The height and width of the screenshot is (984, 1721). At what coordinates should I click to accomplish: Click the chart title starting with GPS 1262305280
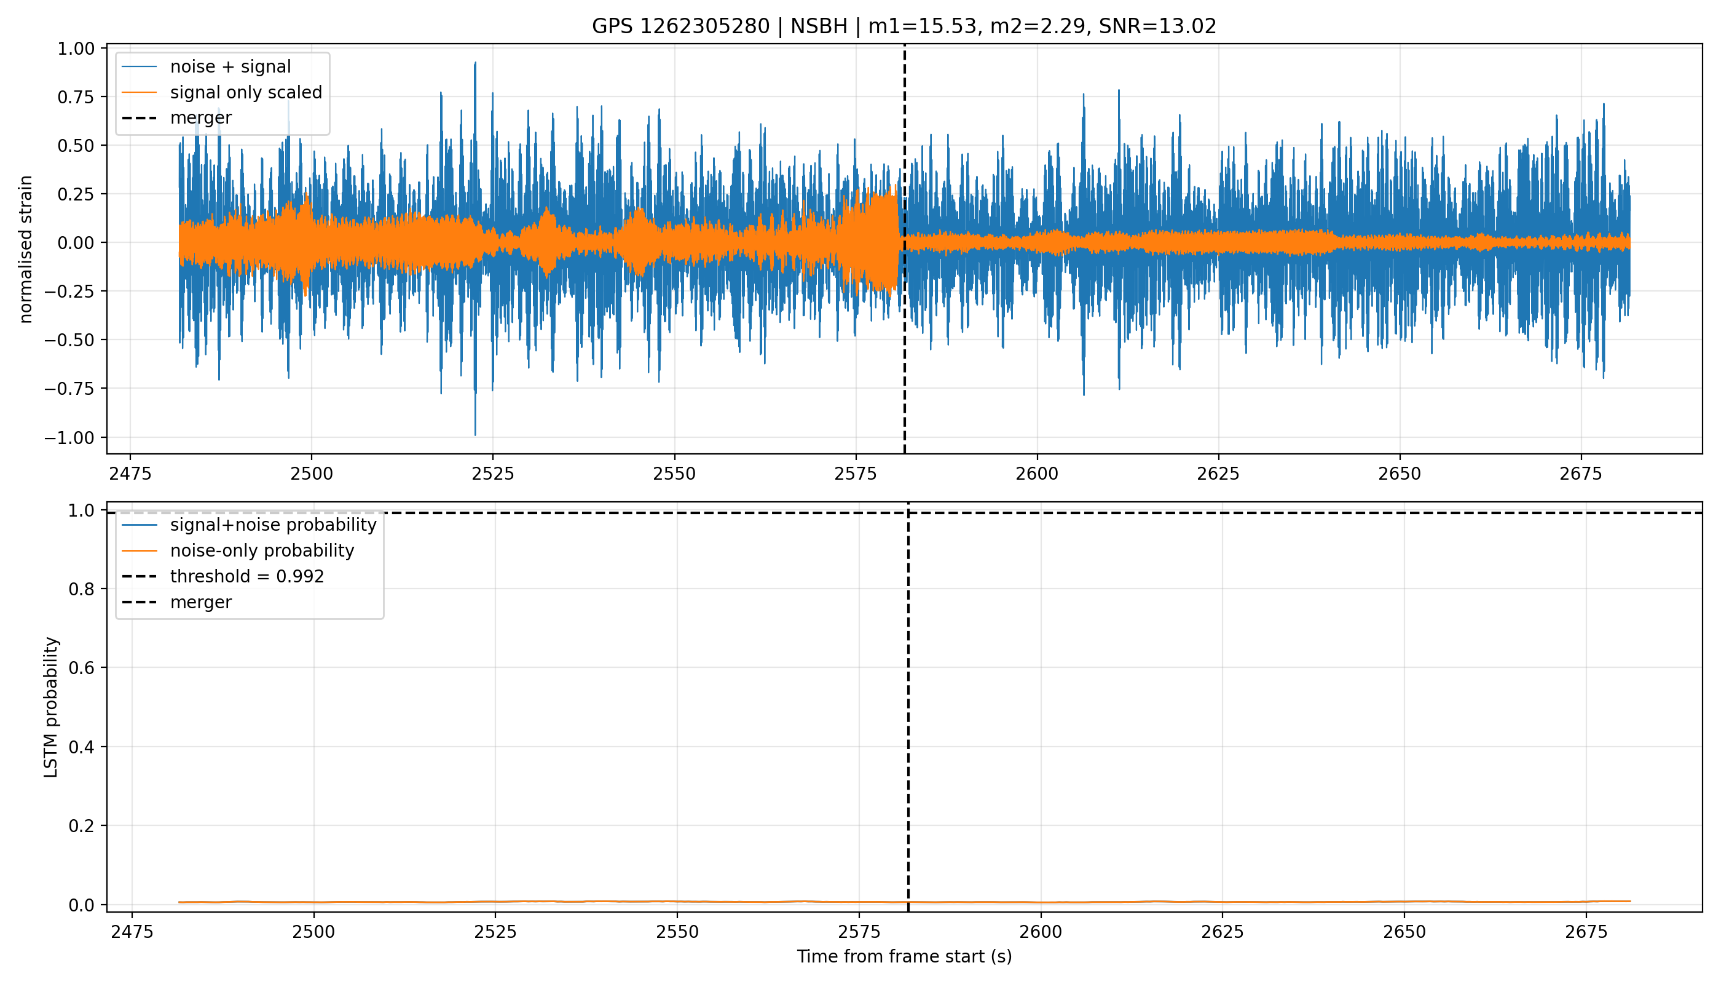pos(904,26)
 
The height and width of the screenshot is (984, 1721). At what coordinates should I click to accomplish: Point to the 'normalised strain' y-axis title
pos(26,249)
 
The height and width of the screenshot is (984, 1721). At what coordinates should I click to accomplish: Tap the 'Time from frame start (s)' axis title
pos(904,956)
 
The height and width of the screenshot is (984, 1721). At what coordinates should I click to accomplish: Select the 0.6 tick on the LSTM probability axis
pos(82,668)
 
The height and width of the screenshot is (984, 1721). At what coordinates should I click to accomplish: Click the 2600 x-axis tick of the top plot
pos(1037,474)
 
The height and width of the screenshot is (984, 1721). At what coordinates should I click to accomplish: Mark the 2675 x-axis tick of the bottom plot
pos(1586,932)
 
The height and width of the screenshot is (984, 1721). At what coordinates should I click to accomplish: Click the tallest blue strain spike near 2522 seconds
pos(475,63)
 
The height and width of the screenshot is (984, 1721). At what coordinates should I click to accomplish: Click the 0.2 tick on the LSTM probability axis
pos(82,826)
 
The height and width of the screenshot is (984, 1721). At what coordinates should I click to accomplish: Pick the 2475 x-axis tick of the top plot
pos(130,474)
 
